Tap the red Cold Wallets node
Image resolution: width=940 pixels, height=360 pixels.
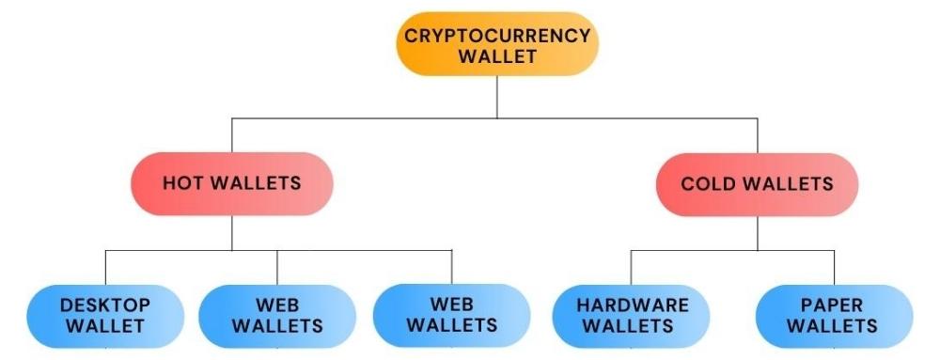(757, 182)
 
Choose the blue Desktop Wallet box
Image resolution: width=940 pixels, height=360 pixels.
(105, 316)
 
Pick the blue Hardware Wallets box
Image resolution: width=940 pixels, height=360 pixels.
(632, 316)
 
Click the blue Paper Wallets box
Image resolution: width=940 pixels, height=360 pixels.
(833, 316)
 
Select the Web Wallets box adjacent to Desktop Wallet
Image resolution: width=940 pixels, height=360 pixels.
(277, 316)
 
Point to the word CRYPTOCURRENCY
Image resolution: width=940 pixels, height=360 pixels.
(497, 36)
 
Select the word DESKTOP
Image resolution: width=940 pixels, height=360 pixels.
(105, 305)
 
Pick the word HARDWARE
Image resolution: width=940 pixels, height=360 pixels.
(632, 305)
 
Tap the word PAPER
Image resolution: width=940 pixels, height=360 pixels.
(833, 305)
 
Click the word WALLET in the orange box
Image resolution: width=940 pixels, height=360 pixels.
(497, 56)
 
